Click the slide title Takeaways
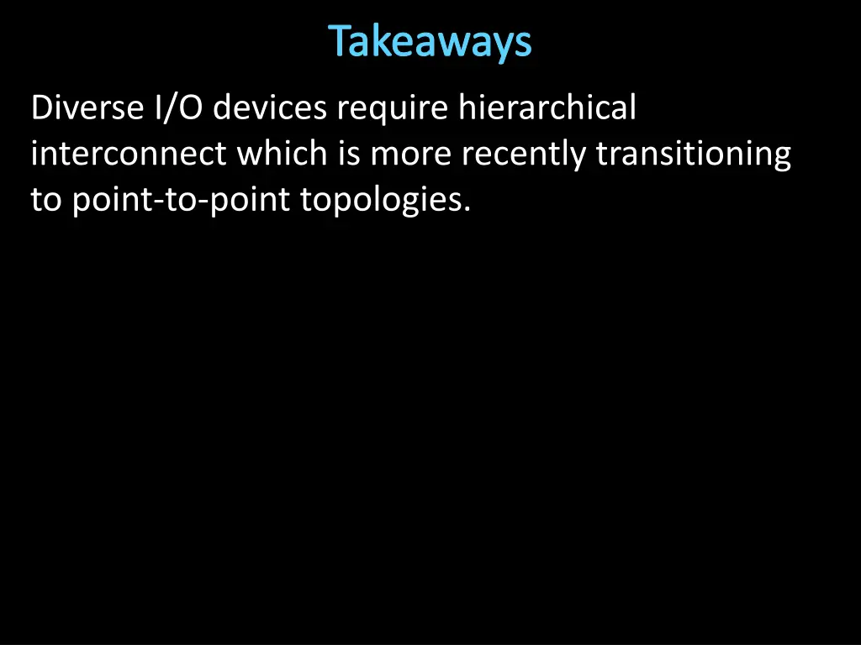coord(430,42)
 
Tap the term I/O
coord(177,108)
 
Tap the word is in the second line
coord(349,155)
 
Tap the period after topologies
coord(466,210)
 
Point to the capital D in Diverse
coord(41,108)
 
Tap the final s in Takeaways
coord(525,45)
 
